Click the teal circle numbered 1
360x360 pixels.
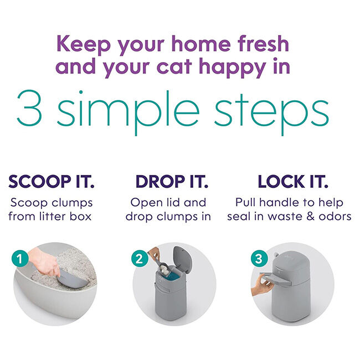[20, 259]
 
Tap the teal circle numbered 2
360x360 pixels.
[140, 259]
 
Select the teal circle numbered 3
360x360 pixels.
[259, 259]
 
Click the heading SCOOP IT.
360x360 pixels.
[52, 181]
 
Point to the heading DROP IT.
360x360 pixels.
[172, 181]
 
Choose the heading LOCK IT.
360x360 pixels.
[293, 181]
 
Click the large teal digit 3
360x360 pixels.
[29, 109]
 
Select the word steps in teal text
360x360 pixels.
[271, 112]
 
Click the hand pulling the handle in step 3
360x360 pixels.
[262, 286]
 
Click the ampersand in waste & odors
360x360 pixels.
[310, 217]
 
